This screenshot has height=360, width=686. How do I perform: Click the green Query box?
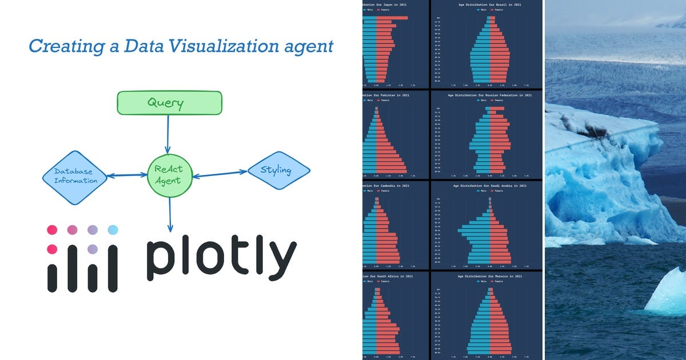(x=169, y=103)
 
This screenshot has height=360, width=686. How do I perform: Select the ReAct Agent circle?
(x=169, y=174)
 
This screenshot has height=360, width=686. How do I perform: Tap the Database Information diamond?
(x=75, y=177)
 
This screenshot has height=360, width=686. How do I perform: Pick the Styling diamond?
(x=278, y=170)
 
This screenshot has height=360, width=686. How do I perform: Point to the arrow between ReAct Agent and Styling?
(x=220, y=173)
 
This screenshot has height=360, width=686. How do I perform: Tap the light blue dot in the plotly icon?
(x=113, y=230)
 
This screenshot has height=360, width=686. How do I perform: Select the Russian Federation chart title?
(x=489, y=95)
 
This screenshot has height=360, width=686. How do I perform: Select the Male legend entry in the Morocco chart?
(x=482, y=281)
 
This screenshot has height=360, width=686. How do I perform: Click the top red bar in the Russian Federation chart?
(x=497, y=108)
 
